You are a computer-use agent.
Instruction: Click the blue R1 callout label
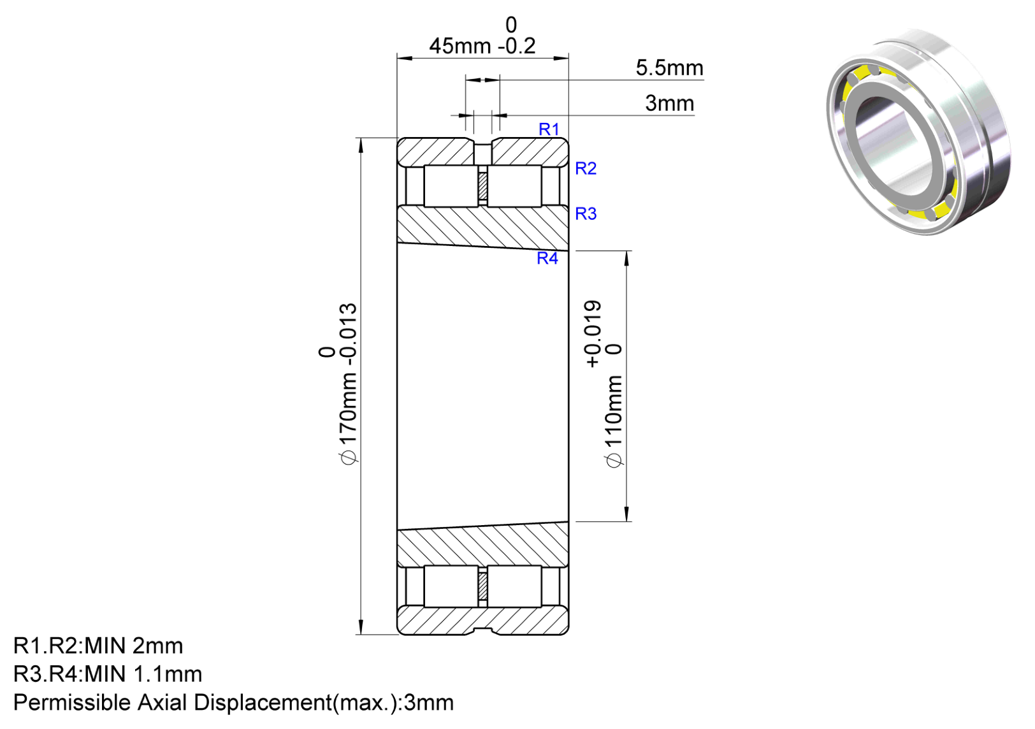pos(549,129)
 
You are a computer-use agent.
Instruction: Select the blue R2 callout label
pos(586,169)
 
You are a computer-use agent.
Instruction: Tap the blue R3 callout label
pos(586,213)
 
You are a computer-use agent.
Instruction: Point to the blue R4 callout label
pos(547,258)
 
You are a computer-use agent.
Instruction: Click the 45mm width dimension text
pos(460,46)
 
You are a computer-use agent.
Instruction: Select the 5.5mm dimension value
pos(670,68)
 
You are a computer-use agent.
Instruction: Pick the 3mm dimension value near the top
pos(670,103)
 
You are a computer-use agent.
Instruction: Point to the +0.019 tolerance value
pos(593,334)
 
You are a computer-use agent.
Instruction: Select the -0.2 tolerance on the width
pos(517,46)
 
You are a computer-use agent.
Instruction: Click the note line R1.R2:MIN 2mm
pos(98,646)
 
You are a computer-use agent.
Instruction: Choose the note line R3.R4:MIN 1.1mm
pos(108,674)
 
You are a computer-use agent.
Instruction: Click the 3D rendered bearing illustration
pos(918,132)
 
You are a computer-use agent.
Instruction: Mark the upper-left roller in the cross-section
pos(451,186)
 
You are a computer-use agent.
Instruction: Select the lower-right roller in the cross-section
pos(514,586)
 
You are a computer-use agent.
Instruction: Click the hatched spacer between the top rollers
pos(483,185)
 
